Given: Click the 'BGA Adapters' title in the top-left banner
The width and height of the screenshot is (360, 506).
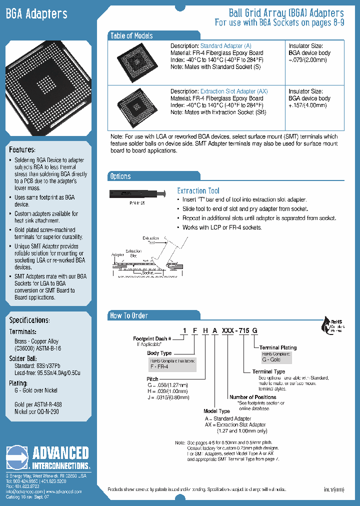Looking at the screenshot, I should tap(36, 14).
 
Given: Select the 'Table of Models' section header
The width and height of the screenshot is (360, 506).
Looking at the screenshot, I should tap(131, 35).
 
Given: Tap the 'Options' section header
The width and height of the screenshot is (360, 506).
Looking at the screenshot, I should tap(120, 176).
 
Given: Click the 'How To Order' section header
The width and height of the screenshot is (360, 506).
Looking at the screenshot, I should tap(129, 315).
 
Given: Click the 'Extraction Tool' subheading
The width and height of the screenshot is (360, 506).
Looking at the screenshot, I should tap(198, 190).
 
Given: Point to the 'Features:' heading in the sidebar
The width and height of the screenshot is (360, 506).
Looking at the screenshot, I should tap(22, 150).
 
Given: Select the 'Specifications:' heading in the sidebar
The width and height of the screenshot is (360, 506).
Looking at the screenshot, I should tap(29, 320).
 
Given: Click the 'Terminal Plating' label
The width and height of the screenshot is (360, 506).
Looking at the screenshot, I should tap(278, 347).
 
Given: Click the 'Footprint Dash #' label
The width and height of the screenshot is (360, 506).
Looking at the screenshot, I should tap(152, 338).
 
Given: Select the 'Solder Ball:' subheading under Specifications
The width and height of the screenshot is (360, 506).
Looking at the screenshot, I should tap(22, 358).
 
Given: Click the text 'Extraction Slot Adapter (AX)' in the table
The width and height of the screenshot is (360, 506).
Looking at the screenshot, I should tap(234, 91).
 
